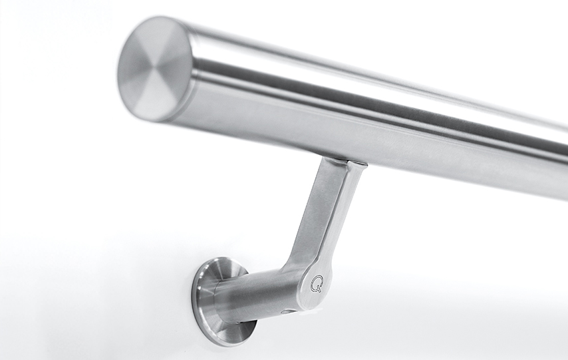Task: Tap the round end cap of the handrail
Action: (x=155, y=68)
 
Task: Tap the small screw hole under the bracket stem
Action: (x=284, y=311)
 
